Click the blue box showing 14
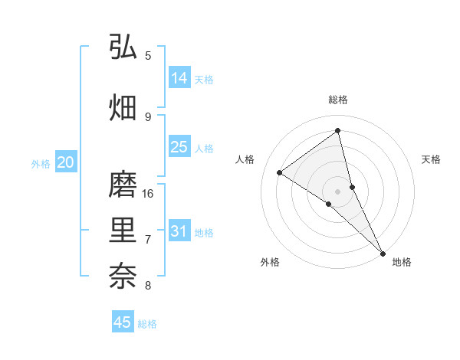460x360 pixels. [x=179, y=78]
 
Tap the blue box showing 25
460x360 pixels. [x=179, y=147]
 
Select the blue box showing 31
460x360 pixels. [x=179, y=231]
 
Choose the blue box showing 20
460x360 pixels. [x=66, y=162]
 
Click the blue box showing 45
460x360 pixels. [x=123, y=322]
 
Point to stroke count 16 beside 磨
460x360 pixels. [x=148, y=194]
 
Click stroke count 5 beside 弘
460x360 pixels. [x=148, y=56]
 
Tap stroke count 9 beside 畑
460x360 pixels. [x=148, y=117]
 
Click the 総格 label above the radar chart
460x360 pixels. [x=337, y=100]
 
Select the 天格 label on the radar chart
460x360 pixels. [x=431, y=159]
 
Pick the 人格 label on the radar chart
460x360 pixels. [x=245, y=159]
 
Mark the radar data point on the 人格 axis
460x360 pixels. [x=279, y=172]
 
